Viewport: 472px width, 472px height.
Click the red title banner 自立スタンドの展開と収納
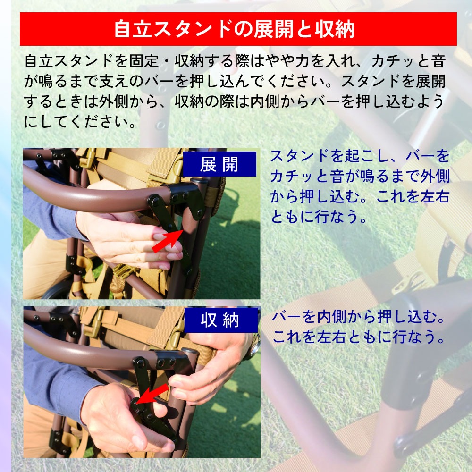click(238, 29)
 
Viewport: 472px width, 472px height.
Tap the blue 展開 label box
click(219, 164)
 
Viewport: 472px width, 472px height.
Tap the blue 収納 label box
click(221, 320)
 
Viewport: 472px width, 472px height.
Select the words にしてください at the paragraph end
click(77, 122)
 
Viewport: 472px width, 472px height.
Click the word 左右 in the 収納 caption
click(332, 337)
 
